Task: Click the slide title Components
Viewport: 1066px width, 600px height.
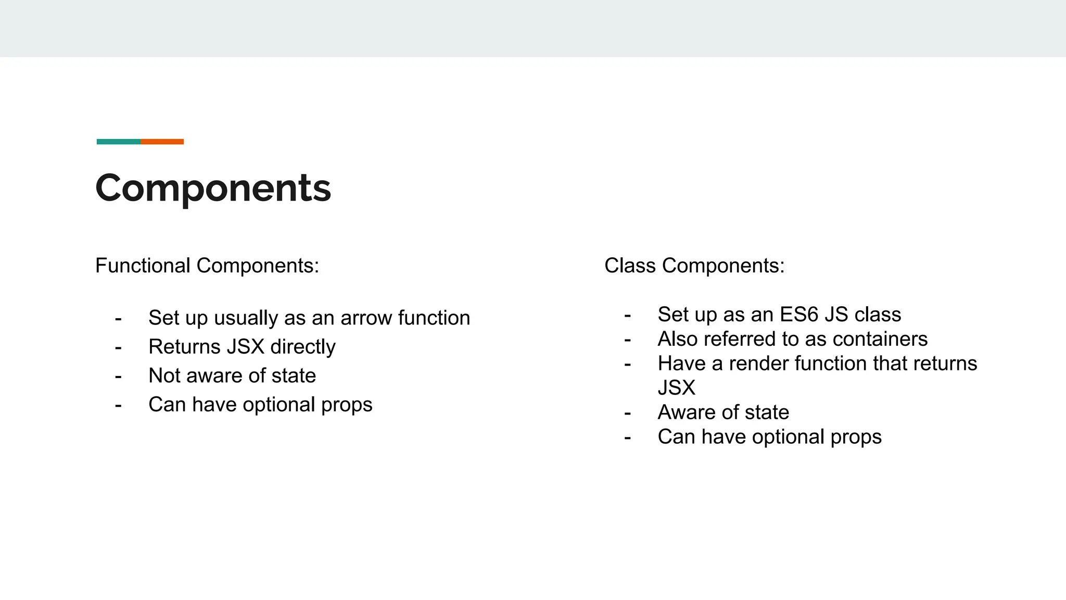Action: point(213,188)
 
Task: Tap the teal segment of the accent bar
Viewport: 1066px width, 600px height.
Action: point(118,142)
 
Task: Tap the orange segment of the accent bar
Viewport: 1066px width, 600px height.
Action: point(162,142)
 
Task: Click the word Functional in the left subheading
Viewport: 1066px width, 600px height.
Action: point(143,266)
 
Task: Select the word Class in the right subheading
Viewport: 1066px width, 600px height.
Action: point(630,266)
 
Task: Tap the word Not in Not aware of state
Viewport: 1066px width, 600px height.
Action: point(163,376)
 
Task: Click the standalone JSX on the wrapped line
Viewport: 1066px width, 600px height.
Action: point(676,388)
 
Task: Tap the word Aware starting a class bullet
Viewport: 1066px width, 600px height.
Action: point(687,413)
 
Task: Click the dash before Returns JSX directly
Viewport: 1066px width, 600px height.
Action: point(118,347)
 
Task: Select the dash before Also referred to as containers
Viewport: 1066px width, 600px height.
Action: point(627,340)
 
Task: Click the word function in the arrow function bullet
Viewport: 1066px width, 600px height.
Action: point(434,318)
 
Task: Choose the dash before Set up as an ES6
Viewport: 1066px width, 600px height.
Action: point(627,315)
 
